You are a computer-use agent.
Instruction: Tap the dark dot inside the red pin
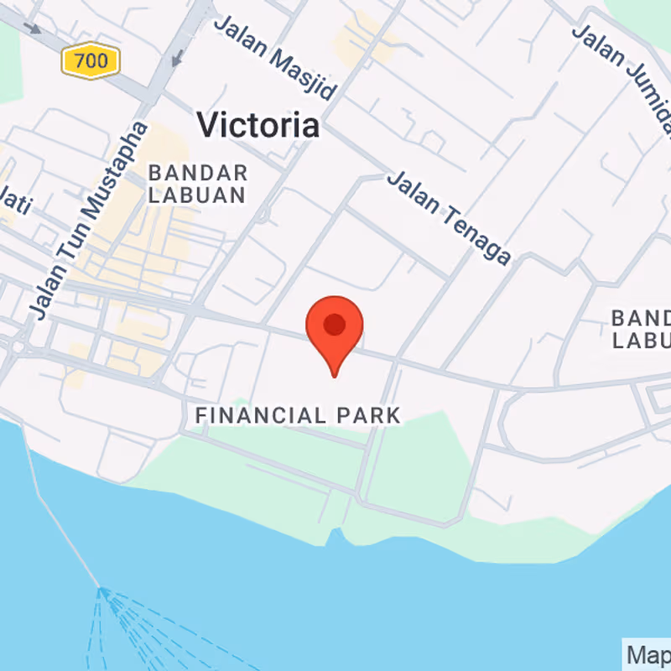coord(335,325)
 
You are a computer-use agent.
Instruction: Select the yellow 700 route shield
coord(91,60)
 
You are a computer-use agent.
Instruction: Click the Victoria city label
coord(257,126)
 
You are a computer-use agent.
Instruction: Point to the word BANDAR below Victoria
coord(198,174)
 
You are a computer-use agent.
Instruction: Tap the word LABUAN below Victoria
coord(198,195)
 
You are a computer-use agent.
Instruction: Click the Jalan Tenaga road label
coord(448,217)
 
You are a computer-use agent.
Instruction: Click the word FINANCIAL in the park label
coord(260,415)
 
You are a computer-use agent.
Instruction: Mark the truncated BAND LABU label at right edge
coord(641,330)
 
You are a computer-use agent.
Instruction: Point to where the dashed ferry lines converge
coord(101,590)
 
